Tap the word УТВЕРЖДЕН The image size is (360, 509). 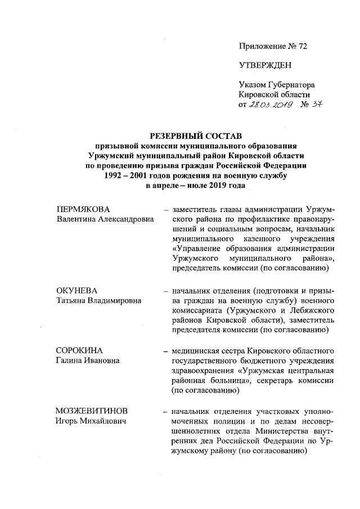(x=265, y=65)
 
